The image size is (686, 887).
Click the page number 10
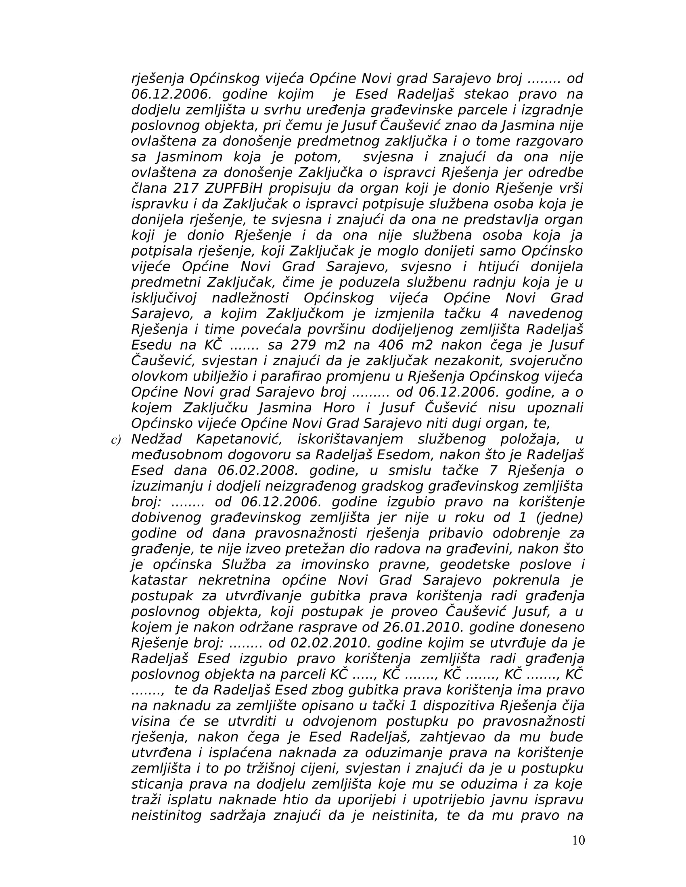pyautogui.click(x=578, y=840)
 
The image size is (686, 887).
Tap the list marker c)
pyautogui.click(x=116, y=440)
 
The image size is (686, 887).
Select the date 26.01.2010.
pyautogui.click(x=423, y=627)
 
